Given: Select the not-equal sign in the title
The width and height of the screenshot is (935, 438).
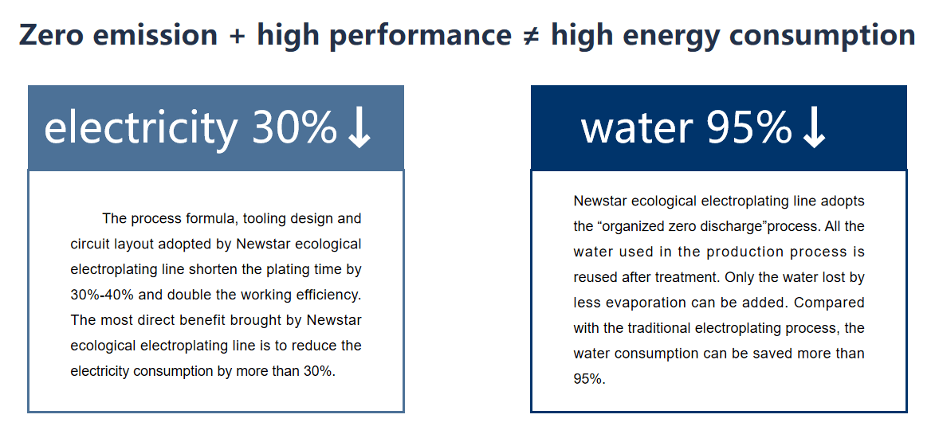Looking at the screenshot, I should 531,35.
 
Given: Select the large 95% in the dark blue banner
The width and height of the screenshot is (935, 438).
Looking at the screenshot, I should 748,127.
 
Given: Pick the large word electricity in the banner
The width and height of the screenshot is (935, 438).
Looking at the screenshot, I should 140,127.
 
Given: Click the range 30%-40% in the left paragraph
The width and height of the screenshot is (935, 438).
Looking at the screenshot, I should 105,295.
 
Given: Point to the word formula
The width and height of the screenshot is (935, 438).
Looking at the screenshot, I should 210,218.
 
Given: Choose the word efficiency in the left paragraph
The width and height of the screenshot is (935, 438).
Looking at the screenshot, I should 324,295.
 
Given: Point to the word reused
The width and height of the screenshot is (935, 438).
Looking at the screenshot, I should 595,277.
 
